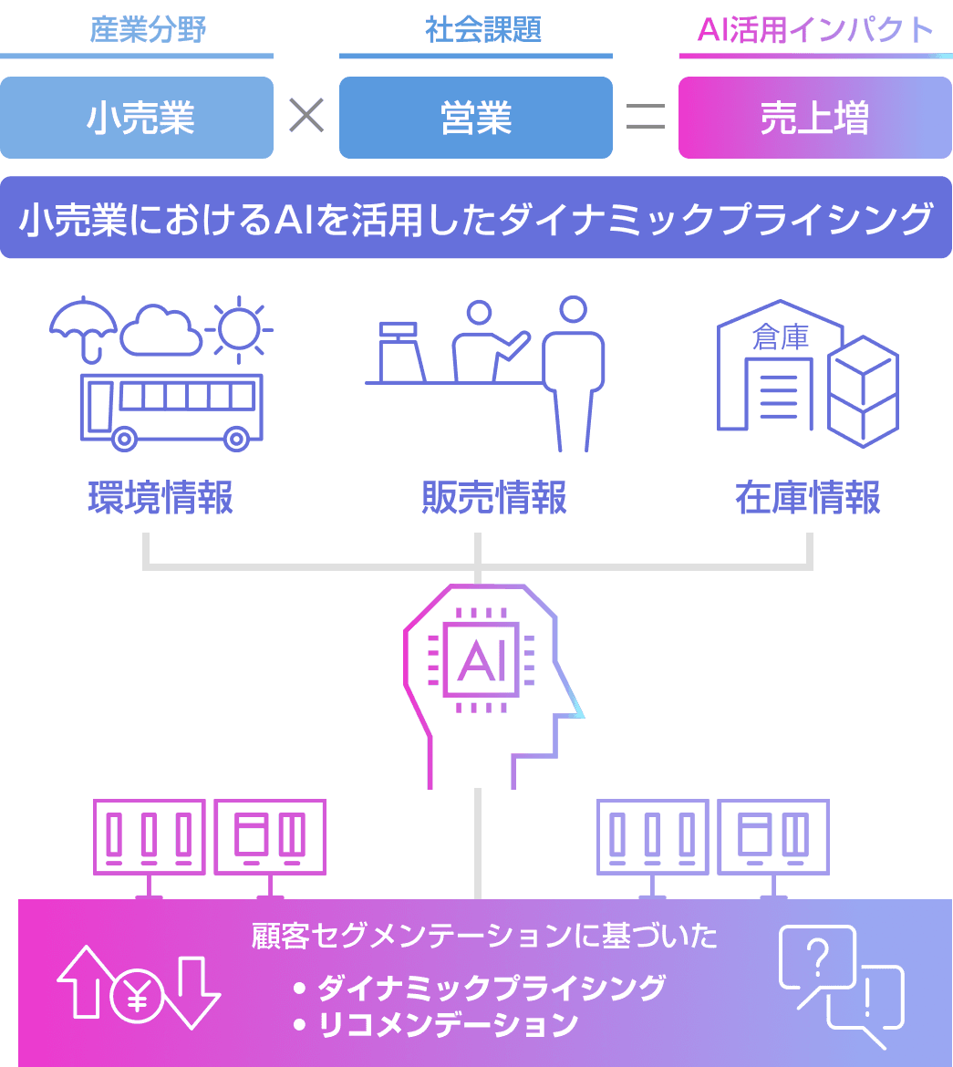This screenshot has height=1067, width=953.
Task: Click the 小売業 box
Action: coord(137,118)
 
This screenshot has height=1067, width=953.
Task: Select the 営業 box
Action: coord(475,118)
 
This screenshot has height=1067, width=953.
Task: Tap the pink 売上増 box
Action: coord(814,118)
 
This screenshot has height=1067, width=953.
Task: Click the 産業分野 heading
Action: coord(149,30)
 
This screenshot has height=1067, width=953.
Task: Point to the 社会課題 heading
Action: coord(483,30)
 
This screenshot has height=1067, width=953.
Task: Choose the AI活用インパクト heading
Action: coord(814,31)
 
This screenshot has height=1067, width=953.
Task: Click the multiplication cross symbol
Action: coord(306,116)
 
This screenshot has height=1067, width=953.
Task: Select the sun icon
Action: coord(239,326)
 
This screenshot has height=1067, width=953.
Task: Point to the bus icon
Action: coord(171,409)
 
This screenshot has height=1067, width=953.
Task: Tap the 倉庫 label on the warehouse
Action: coord(780,338)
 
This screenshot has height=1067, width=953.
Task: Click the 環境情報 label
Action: coord(161,497)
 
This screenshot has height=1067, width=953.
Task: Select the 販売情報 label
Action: coord(493,497)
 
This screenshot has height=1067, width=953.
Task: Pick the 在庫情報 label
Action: coord(808,497)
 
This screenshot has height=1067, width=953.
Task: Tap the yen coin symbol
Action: coord(138,995)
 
